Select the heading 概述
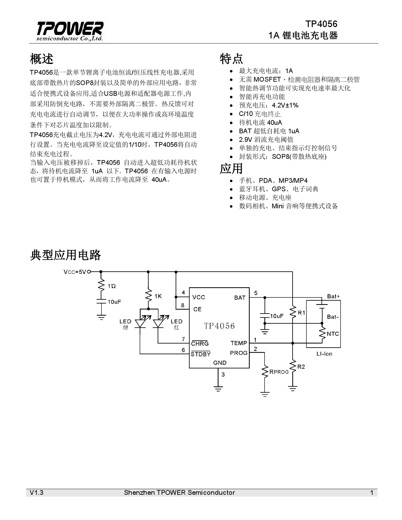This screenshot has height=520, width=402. pyautogui.click(x=42, y=59)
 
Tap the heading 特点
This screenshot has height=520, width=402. pyautogui.click(x=231, y=59)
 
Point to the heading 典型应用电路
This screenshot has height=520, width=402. pyautogui.click(x=66, y=255)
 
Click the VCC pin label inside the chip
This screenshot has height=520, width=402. pyautogui.click(x=199, y=297)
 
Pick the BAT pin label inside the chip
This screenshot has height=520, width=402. pyautogui.click(x=240, y=298)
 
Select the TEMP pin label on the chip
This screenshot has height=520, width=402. pyautogui.click(x=239, y=343)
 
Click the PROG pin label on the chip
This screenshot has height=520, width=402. pyautogui.click(x=239, y=353)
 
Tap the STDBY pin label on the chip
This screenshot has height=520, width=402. pyautogui.click(x=201, y=354)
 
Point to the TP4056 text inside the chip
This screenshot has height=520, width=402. pyautogui.click(x=219, y=326)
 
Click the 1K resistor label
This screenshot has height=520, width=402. pyautogui.click(x=158, y=296)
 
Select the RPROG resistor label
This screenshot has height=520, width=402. pyautogui.click(x=279, y=372)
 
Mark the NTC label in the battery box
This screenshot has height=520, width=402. pyautogui.click(x=333, y=334)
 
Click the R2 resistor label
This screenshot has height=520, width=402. pyautogui.click(x=301, y=367)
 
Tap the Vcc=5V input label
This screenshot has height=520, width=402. pyautogui.click(x=75, y=272)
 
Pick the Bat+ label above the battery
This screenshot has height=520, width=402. pyautogui.click(x=333, y=296)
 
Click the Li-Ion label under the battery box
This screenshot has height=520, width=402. pyautogui.click(x=324, y=354)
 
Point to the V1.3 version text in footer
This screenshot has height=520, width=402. pyautogui.click(x=37, y=493)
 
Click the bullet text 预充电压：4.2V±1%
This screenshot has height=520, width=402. pyautogui.click(x=269, y=105)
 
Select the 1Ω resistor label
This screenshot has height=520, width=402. pyautogui.click(x=112, y=286)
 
